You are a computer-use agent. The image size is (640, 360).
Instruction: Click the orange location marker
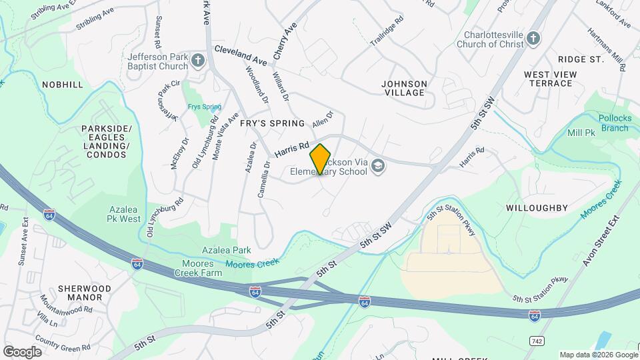coord(321,159)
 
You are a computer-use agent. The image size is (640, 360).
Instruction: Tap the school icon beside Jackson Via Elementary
coord(379,165)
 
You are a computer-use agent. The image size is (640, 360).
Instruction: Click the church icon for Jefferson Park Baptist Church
coord(198,62)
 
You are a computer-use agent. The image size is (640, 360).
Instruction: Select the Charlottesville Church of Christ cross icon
coord(533,38)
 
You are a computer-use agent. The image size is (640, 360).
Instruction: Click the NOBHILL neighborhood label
coord(63,85)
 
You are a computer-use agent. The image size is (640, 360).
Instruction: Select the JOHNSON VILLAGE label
coord(403,88)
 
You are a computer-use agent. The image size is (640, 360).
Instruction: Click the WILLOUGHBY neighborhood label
coord(537,208)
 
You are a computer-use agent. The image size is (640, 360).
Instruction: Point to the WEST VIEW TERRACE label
coord(550,79)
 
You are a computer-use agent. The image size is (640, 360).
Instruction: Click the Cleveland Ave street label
coord(240,56)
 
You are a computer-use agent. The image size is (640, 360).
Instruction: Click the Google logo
coord(22,351)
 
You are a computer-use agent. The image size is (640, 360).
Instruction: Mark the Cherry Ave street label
coord(285,41)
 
